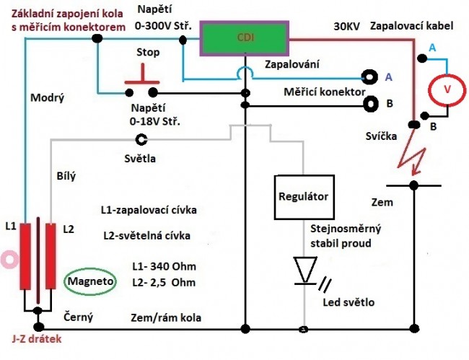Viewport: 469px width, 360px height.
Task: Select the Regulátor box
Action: click(x=303, y=196)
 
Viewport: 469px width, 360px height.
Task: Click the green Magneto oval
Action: click(x=92, y=281)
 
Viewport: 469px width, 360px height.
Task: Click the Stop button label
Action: click(x=148, y=53)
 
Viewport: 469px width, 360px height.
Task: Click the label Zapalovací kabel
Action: click(x=412, y=26)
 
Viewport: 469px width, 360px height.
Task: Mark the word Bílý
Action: click(x=66, y=175)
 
